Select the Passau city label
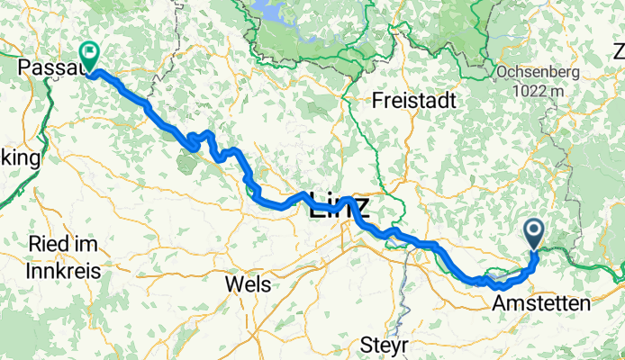50,67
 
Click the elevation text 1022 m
538,90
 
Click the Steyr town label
385,345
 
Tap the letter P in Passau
26,67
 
